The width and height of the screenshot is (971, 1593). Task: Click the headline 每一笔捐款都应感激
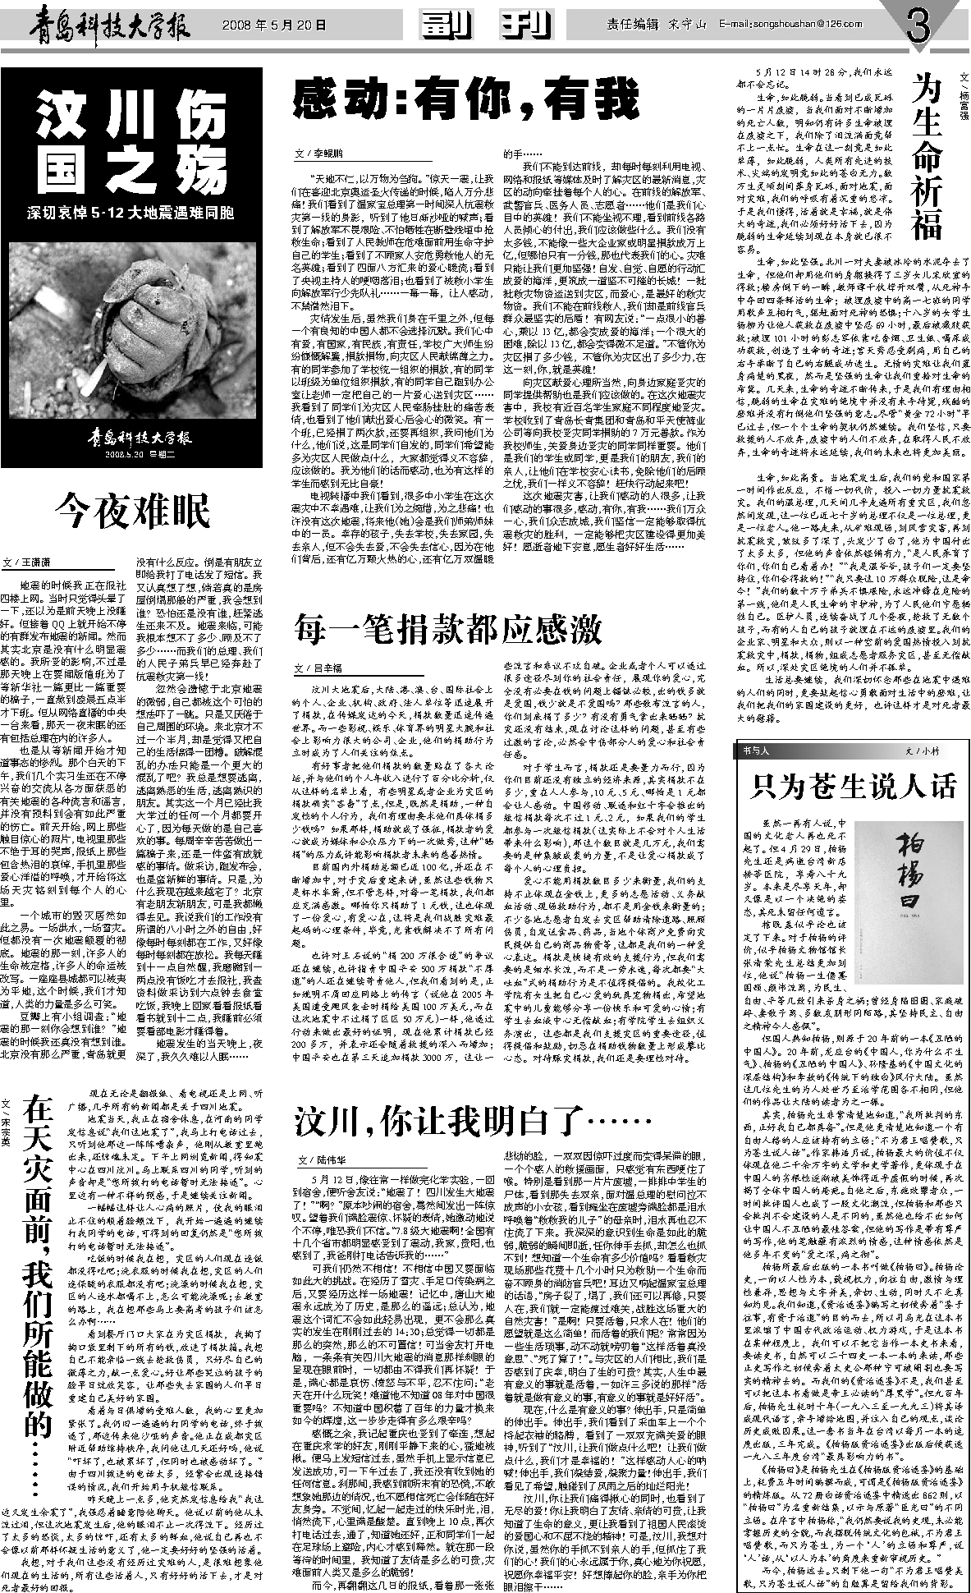(448, 631)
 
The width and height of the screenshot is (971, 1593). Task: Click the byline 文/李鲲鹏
(321, 154)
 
